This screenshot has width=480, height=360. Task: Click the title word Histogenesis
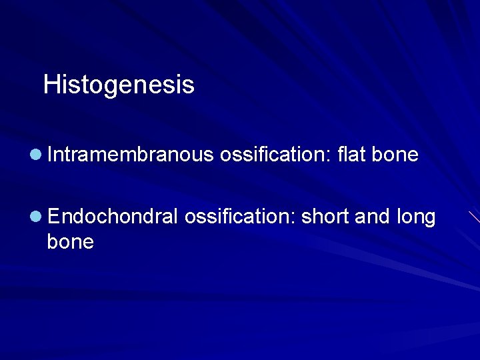point(119,85)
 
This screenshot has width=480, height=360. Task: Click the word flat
point(351,155)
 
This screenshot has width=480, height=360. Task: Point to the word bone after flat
point(395,155)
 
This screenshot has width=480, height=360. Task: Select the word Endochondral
point(113,217)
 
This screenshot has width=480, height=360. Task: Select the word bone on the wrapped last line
point(70,241)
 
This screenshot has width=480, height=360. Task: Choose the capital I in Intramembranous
point(50,155)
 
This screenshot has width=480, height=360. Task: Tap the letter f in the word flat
point(341,155)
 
